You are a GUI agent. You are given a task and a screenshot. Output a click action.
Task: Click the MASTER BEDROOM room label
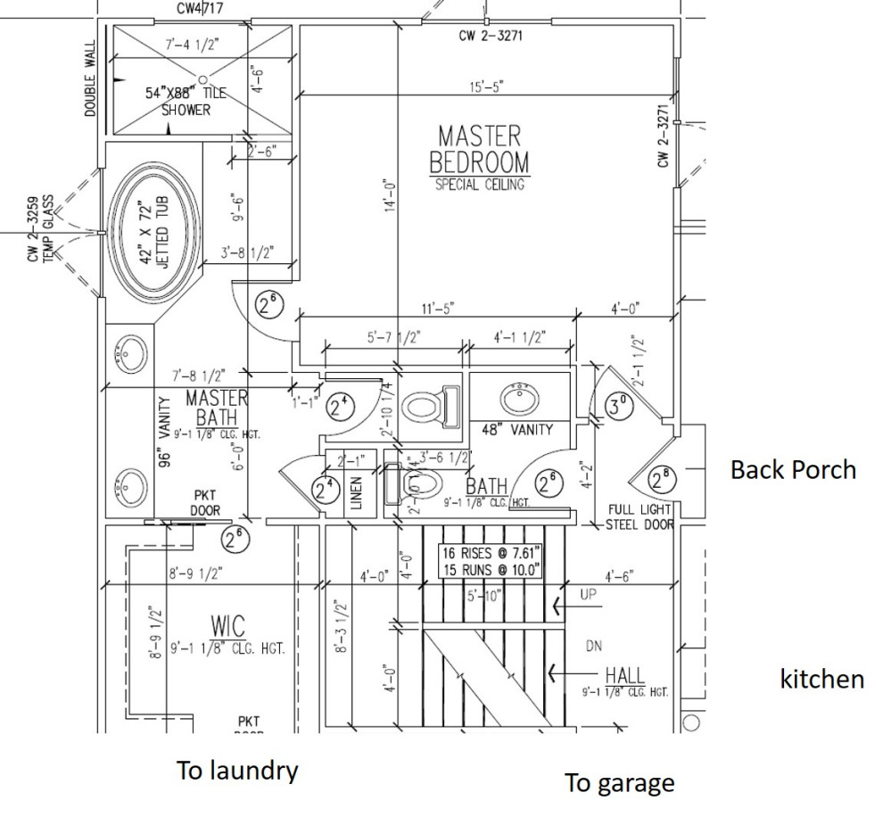pyautogui.click(x=479, y=150)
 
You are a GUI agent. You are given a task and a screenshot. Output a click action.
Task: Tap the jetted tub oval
pyautogui.click(x=153, y=233)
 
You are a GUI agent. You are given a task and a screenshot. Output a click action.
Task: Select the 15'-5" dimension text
pyautogui.click(x=486, y=87)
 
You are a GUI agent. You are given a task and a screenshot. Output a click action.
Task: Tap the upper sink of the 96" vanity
pyautogui.click(x=130, y=355)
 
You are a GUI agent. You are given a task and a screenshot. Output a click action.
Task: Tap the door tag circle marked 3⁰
pyautogui.click(x=617, y=407)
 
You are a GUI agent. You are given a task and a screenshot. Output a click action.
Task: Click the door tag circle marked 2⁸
pyautogui.click(x=661, y=480)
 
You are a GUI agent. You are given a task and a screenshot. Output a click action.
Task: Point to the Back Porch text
pyautogui.click(x=793, y=470)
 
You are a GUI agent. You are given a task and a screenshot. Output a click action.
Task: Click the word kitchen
pyautogui.click(x=821, y=679)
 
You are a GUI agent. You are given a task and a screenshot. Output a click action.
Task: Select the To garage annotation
pyautogui.click(x=619, y=783)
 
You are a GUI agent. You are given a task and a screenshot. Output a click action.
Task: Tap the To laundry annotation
pyautogui.click(x=236, y=771)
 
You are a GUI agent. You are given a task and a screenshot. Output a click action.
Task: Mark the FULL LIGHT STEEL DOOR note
pyautogui.click(x=640, y=517)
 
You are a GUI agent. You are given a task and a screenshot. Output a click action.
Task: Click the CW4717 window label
pyautogui.click(x=201, y=9)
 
